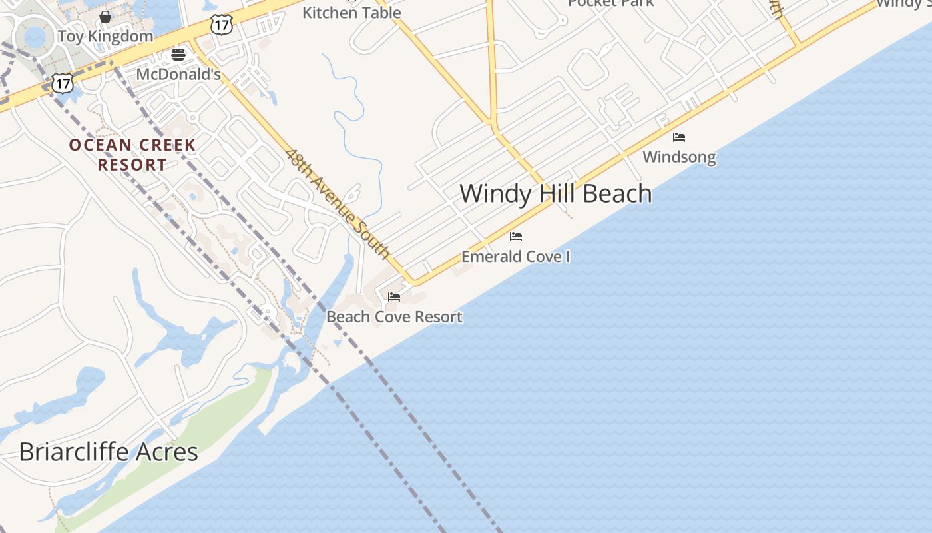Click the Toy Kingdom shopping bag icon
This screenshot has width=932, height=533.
pyautogui.click(x=105, y=17)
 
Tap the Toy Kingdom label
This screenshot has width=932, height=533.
pyautogui.click(x=105, y=36)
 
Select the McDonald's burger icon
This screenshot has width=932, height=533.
pyautogui.click(x=178, y=55)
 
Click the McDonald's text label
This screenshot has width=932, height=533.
pyautogui.click(x=178, y=74)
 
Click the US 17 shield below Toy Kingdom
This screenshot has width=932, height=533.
pyautogui.click(x=62, y=83)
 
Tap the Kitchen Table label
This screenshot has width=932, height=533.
pyautogui.click(x=351, y=12)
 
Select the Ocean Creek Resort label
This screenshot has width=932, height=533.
pyautogui.click(x=132, y=155)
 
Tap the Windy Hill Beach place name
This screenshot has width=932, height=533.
pyautogui.click(x=556, y=193)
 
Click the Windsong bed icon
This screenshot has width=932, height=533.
pyautogui.click(x=679, y=137)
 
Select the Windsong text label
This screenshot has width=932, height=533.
pyautogui.click(x=679, y=157)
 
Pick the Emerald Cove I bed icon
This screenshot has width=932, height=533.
pyautogui.click(x=516, y=237)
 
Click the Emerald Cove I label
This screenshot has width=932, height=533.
pyautogui.click(x=516, y=257)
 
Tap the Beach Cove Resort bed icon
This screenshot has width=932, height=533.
pyautogui.click(x=394, y=297)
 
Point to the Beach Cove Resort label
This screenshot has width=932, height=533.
pyautogui.click(x=394, y=317)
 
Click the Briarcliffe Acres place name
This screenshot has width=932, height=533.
pyautogui.click(x=109, y=452)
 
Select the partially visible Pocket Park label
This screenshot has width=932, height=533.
pyautogui.click(x=610, y=3)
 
